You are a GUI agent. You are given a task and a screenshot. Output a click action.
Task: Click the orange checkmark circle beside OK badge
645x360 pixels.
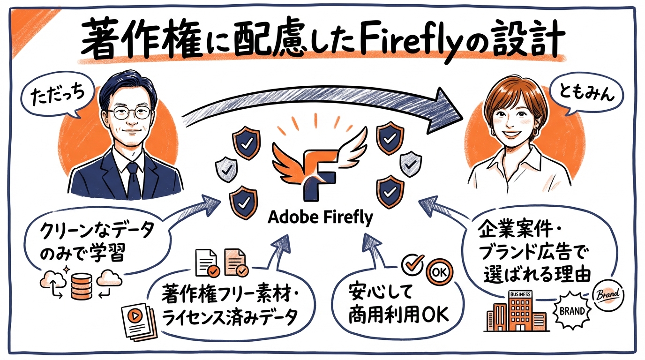coord(414,264)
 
